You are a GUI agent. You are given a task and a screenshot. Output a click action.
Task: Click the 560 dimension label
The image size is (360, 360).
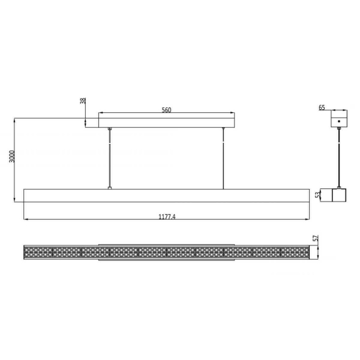[166, 110]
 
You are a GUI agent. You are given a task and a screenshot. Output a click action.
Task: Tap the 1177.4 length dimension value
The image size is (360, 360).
[167, 217]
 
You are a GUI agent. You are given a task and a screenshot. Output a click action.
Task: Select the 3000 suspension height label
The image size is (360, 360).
[12, 157]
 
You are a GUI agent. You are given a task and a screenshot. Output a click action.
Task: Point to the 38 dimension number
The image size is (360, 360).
[83, 101]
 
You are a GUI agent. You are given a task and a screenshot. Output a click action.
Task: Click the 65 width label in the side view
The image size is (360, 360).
[322, 107]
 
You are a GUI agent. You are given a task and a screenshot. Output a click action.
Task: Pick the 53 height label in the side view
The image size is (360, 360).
[317, 194]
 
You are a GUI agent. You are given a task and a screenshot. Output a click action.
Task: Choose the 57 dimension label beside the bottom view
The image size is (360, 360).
[316, 238]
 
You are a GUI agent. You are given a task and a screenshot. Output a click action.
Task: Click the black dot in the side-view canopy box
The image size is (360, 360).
[339, 121]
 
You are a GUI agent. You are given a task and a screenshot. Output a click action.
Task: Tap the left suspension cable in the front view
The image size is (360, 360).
[110, 158]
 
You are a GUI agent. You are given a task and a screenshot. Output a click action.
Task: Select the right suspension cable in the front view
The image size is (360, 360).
[223, 158]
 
